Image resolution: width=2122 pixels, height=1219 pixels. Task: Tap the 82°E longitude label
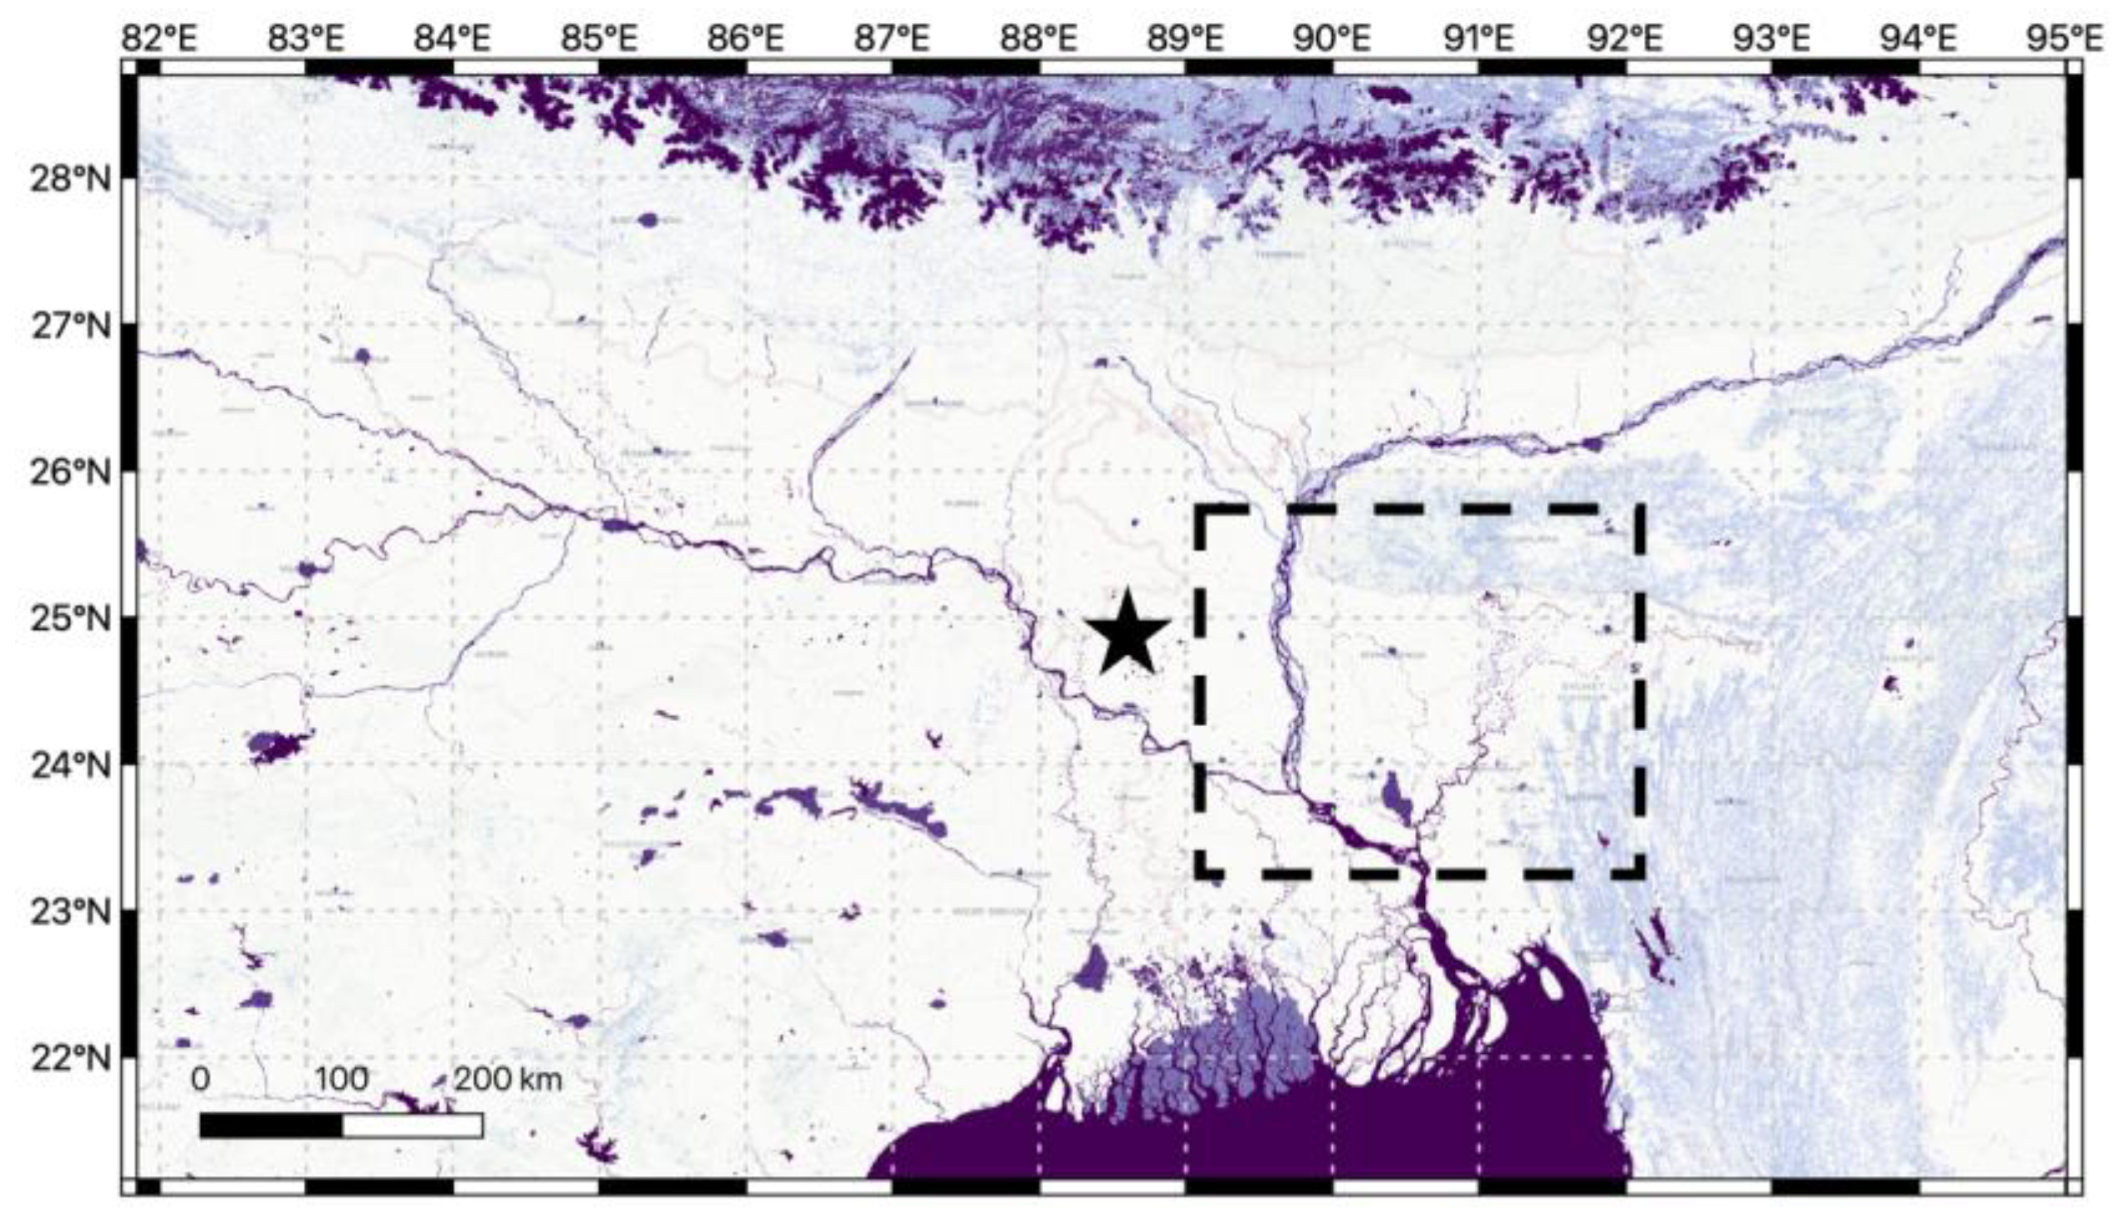pos(160,37)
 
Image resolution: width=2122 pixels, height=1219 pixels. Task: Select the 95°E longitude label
pos(2064,37)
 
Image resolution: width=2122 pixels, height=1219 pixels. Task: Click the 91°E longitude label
pos(1478,37)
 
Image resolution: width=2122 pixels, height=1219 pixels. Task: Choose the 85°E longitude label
pos(599,37)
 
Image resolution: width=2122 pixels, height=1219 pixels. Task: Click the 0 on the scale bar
pos(200,1080)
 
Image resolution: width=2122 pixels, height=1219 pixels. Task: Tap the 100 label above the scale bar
pos(342,1080)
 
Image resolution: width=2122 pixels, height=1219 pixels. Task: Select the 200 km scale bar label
pos(507,1080)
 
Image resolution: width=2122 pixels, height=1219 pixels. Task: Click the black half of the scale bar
pos(271,1126)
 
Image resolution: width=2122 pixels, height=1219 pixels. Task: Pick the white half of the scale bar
pos(412,1126)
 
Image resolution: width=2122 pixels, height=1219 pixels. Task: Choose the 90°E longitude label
pos(1332,37)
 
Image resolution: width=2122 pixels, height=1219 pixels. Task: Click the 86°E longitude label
pos(746,37)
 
